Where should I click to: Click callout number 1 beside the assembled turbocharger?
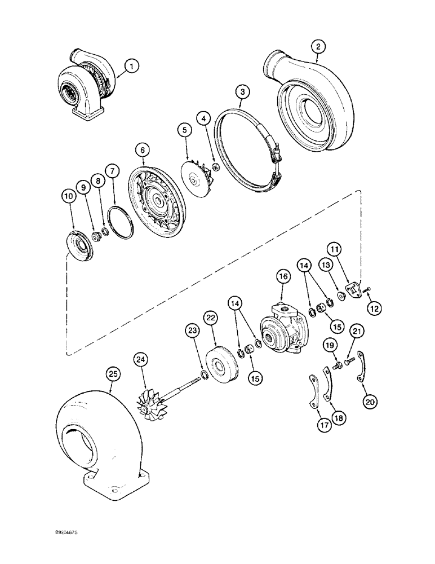coord(132,67)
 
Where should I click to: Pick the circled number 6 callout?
coord(143,150)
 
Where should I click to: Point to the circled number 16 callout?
coord(283,277)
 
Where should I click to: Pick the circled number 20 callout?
coord(370,402)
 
